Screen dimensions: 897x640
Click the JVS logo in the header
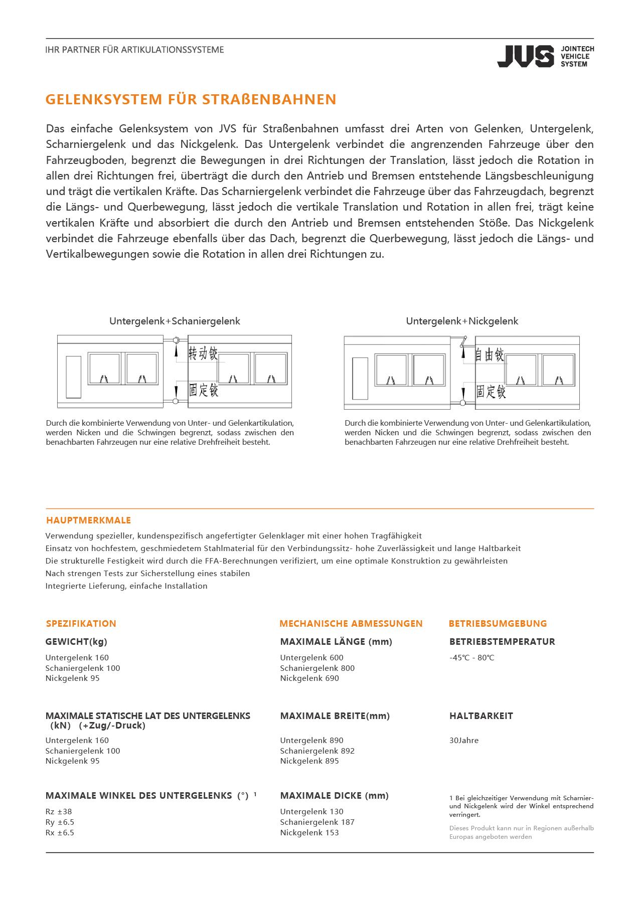click(x=545, y=56)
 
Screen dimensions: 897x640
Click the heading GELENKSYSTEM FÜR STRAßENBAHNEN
click(x=191, y=99)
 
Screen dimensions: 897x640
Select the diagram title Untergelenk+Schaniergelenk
click(x=175, y=321)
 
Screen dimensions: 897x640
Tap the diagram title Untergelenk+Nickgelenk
click(x=462, y=321)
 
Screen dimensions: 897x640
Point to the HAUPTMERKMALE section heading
click(x=88, y=520)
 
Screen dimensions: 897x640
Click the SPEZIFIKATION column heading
click(x=81, y=623)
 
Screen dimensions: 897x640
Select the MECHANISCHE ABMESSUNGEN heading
click(x=351, y=623)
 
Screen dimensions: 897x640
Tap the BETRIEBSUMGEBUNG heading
click(x=498, y=623)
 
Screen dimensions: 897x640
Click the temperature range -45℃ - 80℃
click(x=471, y=657)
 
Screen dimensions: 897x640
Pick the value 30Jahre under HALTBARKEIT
click(x=464, y=740)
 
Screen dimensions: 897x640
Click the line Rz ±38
click(x=59, y=811)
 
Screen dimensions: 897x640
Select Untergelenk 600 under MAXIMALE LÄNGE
click(x=311, y=657)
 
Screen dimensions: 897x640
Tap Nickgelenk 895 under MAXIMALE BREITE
click(x=309, y=761)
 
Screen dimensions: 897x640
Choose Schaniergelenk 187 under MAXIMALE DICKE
click(x=317, y=822)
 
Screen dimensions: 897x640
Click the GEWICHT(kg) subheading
click(x=76, y=641)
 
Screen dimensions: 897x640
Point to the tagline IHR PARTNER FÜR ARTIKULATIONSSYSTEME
click(x=134, y=50)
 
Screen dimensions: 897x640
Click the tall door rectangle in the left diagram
click(x=74, y=377)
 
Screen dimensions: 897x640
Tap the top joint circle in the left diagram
click(x=176, y=340)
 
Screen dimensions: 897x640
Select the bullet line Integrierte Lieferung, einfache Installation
click(x=126, y=586)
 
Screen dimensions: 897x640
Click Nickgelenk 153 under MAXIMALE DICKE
click(x=309, y=832)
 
